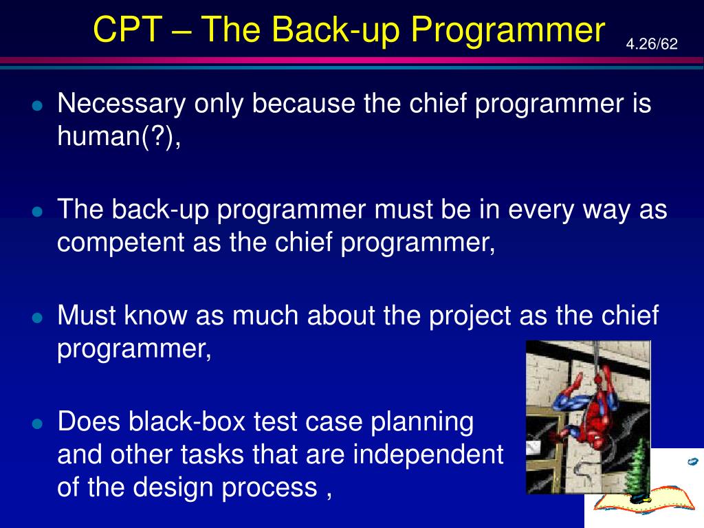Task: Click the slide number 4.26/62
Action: tap(652, 44)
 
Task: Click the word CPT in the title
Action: tap(127, 30)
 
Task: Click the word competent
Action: tap(121, 243)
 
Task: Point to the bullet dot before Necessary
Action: tap(38, 106)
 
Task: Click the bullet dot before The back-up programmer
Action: tap(38, 212)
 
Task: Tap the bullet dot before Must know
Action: tap(38, 318)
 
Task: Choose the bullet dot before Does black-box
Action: tap(38, 424)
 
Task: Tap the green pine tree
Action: tap(636, 467)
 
